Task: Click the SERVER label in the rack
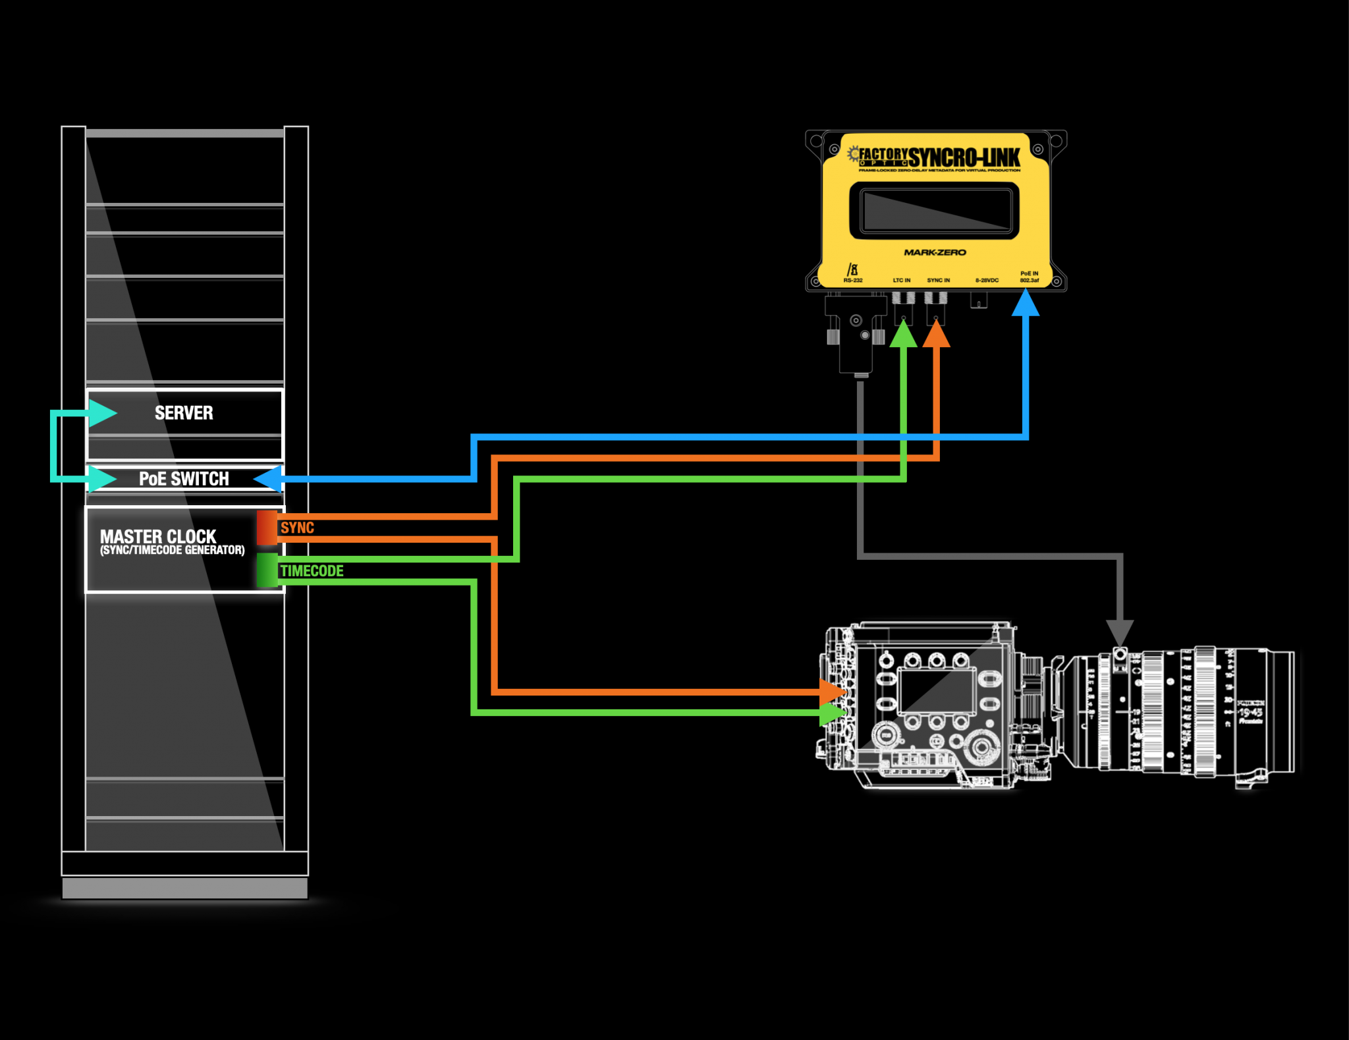coord(184,413)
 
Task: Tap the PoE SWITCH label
coord(184,479)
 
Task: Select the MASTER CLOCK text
coord(158,536)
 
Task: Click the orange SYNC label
coord(297,528)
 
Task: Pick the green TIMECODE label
coord(312,571)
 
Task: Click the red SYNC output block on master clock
coord(267,528)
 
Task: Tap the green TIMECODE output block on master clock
coord(267,570)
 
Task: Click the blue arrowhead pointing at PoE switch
coord(269,479)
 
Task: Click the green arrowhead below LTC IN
coord(904,335)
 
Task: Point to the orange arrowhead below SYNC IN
coord(936,335)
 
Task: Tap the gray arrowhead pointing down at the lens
coord(1119,632)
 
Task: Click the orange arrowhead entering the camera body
coord(833,692)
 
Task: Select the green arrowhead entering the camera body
coord(833,713)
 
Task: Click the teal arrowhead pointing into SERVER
coord(102,413)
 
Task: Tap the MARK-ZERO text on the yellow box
coord(935,252)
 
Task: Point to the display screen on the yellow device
coord(935,210)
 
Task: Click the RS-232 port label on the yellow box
coord(853,281)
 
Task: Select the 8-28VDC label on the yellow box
coord(987,281)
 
